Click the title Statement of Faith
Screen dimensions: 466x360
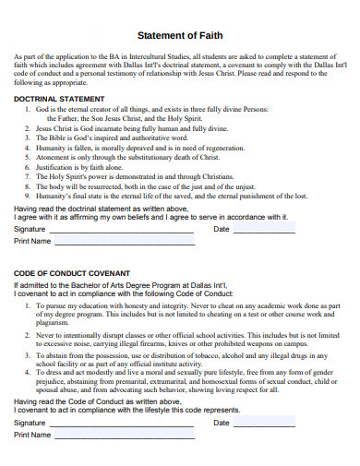click(x=179, y=35)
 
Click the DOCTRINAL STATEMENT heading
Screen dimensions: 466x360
click(x=57, y=98)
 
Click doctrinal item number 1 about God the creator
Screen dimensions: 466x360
click(x=148, y=109)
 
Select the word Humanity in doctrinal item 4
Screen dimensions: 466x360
click(x=53, y=149)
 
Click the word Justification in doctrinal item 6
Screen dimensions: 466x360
click(x=57, y=168)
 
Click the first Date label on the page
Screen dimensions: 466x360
click(x=222, y=228)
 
